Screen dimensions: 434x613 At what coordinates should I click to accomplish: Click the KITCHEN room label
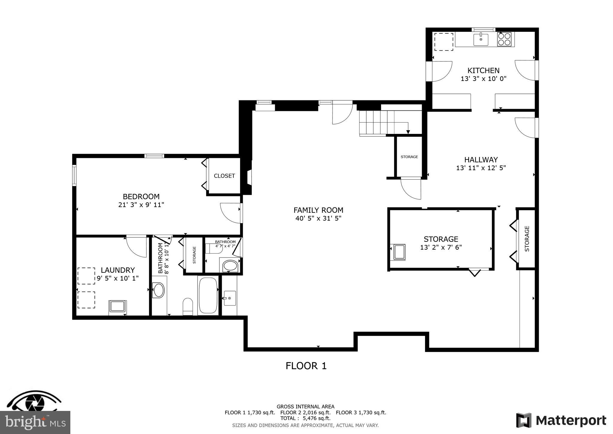pyautogui.click(x=483, y=70)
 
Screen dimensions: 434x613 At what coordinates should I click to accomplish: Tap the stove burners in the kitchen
pyautogui.click(x=504, y=39)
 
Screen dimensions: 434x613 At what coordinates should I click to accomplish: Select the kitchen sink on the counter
pyautogui.click(x=481, y=40)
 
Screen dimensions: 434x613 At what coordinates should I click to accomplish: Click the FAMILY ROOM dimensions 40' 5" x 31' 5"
pyautogui.click(x=318, y=218)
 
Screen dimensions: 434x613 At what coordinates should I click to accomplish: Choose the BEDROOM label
pyautogui.click(x=141, y=197)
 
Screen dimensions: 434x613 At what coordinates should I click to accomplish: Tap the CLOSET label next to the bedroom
pyautogui.click(x=224, y=176)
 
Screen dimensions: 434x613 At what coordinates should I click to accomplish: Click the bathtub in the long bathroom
pyautogui.click(x=208, y=295)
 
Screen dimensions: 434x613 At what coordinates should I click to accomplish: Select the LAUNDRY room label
pyautogui.click(x=118, y=270)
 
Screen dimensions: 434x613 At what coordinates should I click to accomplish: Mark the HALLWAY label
pyautogui.click(x=481, y=160)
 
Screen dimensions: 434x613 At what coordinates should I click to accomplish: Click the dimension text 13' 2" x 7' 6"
pyautogui.click(x=441, y=248)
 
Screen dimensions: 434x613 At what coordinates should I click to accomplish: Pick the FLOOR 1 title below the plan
pyautogui.click(x=306, y=366)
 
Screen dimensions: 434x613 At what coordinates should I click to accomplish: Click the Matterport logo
pyautogui.click(x=561, y=420)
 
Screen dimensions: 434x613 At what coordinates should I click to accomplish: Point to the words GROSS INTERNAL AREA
pyautogui.click(x=305, y=407)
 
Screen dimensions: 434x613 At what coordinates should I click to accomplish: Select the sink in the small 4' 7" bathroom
pyautogui.click(x=230, y=266)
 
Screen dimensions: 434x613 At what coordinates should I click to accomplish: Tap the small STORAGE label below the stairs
pyautogui.click(x=409, y=157)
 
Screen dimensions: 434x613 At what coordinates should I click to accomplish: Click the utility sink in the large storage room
pyautogui.click(x=399, y=252)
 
